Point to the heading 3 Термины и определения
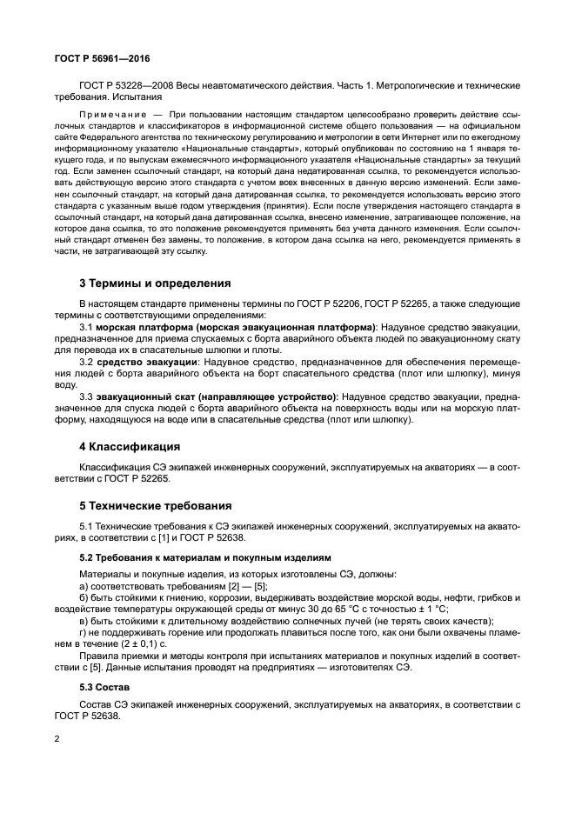155,283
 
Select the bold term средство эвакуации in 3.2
146,360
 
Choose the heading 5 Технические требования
155,505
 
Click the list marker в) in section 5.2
84,621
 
